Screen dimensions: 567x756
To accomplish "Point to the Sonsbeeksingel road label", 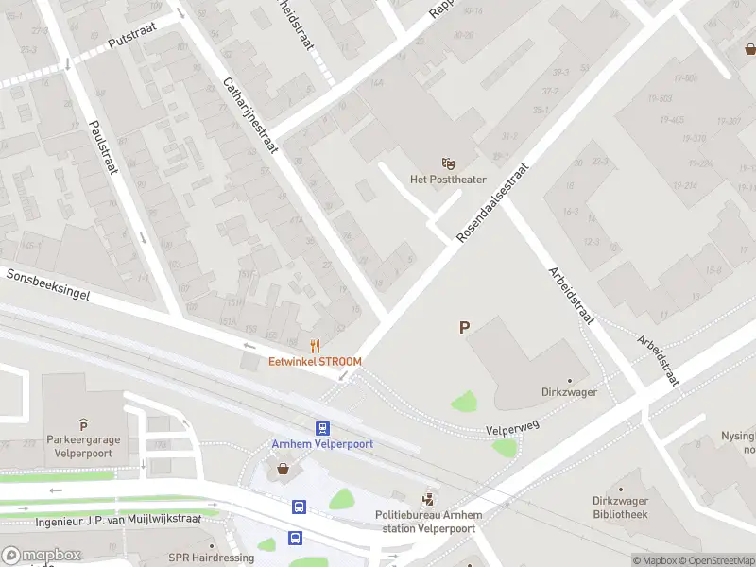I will click(x=48, y=284).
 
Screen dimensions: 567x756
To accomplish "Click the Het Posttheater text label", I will click(x=447, y=180).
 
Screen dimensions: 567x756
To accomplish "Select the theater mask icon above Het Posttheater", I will click(x=448, y=164).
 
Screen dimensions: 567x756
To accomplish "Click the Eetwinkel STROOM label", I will click(x=315, y=361).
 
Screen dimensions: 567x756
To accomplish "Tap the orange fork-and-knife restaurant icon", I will click(x=316, y=346).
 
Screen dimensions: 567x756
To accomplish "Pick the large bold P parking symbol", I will click(x=464, y=328).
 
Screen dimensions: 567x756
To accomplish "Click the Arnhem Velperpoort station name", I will click(x=322, y=444).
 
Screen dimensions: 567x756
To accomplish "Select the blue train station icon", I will click(x=322, y=428).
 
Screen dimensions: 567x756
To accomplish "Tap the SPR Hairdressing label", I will click(x=211, y=558).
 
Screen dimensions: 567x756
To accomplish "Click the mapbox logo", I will click(x=41, y=556).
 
